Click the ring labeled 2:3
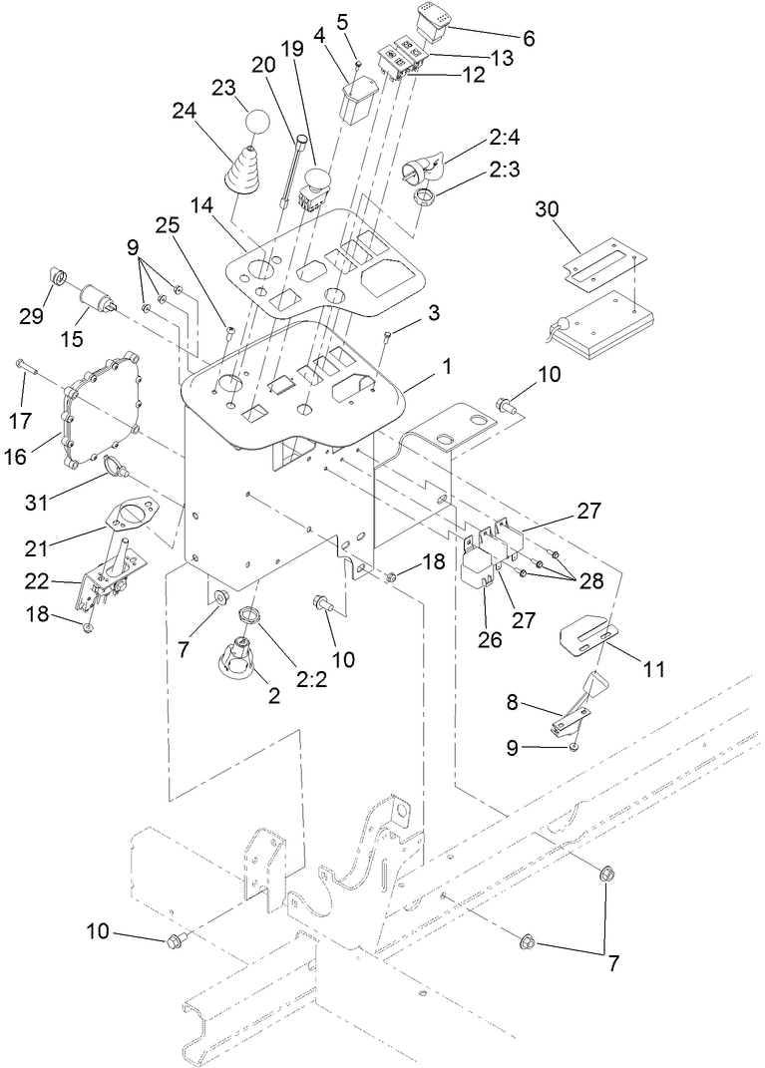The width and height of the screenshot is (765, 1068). pos(426,196)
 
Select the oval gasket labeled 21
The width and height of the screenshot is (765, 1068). pos(128,515)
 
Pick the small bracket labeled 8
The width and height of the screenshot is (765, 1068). pos(574,710)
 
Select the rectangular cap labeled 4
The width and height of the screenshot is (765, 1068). pos(358,101)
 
